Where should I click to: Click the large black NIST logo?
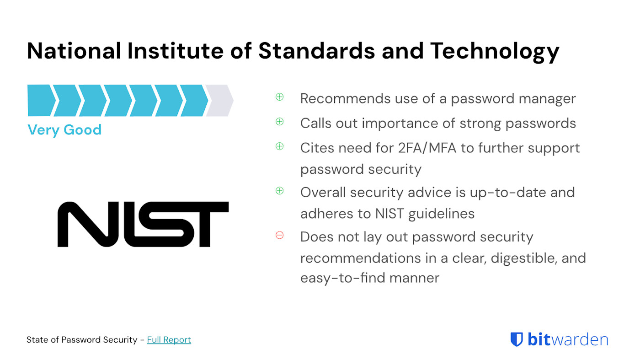coord(143,224)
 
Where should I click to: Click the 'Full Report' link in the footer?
coord(169,339)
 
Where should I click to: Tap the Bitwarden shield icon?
coord(517,339)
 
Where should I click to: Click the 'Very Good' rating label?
coord(64,130)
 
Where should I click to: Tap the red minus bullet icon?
coord(279,235)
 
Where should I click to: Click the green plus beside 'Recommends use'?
coord(279,97)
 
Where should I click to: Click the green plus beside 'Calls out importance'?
coord(279,121)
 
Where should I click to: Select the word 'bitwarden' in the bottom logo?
coord(568,339)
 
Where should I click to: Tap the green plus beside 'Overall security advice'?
coord(279,190)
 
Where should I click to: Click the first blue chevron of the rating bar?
coord(41,100)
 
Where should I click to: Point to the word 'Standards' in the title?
coord(316,51)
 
